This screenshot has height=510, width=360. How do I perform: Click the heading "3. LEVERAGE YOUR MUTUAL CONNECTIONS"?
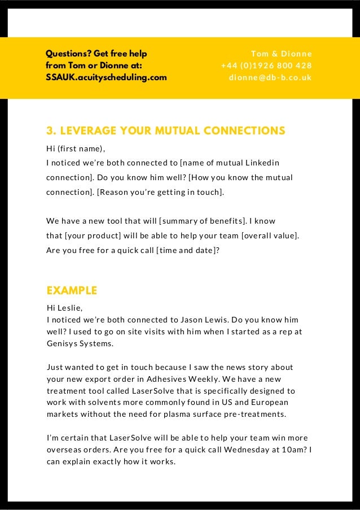click(165, 132)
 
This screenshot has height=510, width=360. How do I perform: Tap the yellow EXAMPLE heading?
click(72, 291)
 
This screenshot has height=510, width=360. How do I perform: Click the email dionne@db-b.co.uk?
click(270, 77)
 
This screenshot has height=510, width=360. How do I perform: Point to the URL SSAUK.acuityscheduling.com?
click(106, 77)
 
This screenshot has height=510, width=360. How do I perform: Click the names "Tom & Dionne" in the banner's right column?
click(281, 54)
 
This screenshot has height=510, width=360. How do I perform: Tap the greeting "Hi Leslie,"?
click(64, 308)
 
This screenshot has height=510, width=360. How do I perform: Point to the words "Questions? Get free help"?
click(96, 54)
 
